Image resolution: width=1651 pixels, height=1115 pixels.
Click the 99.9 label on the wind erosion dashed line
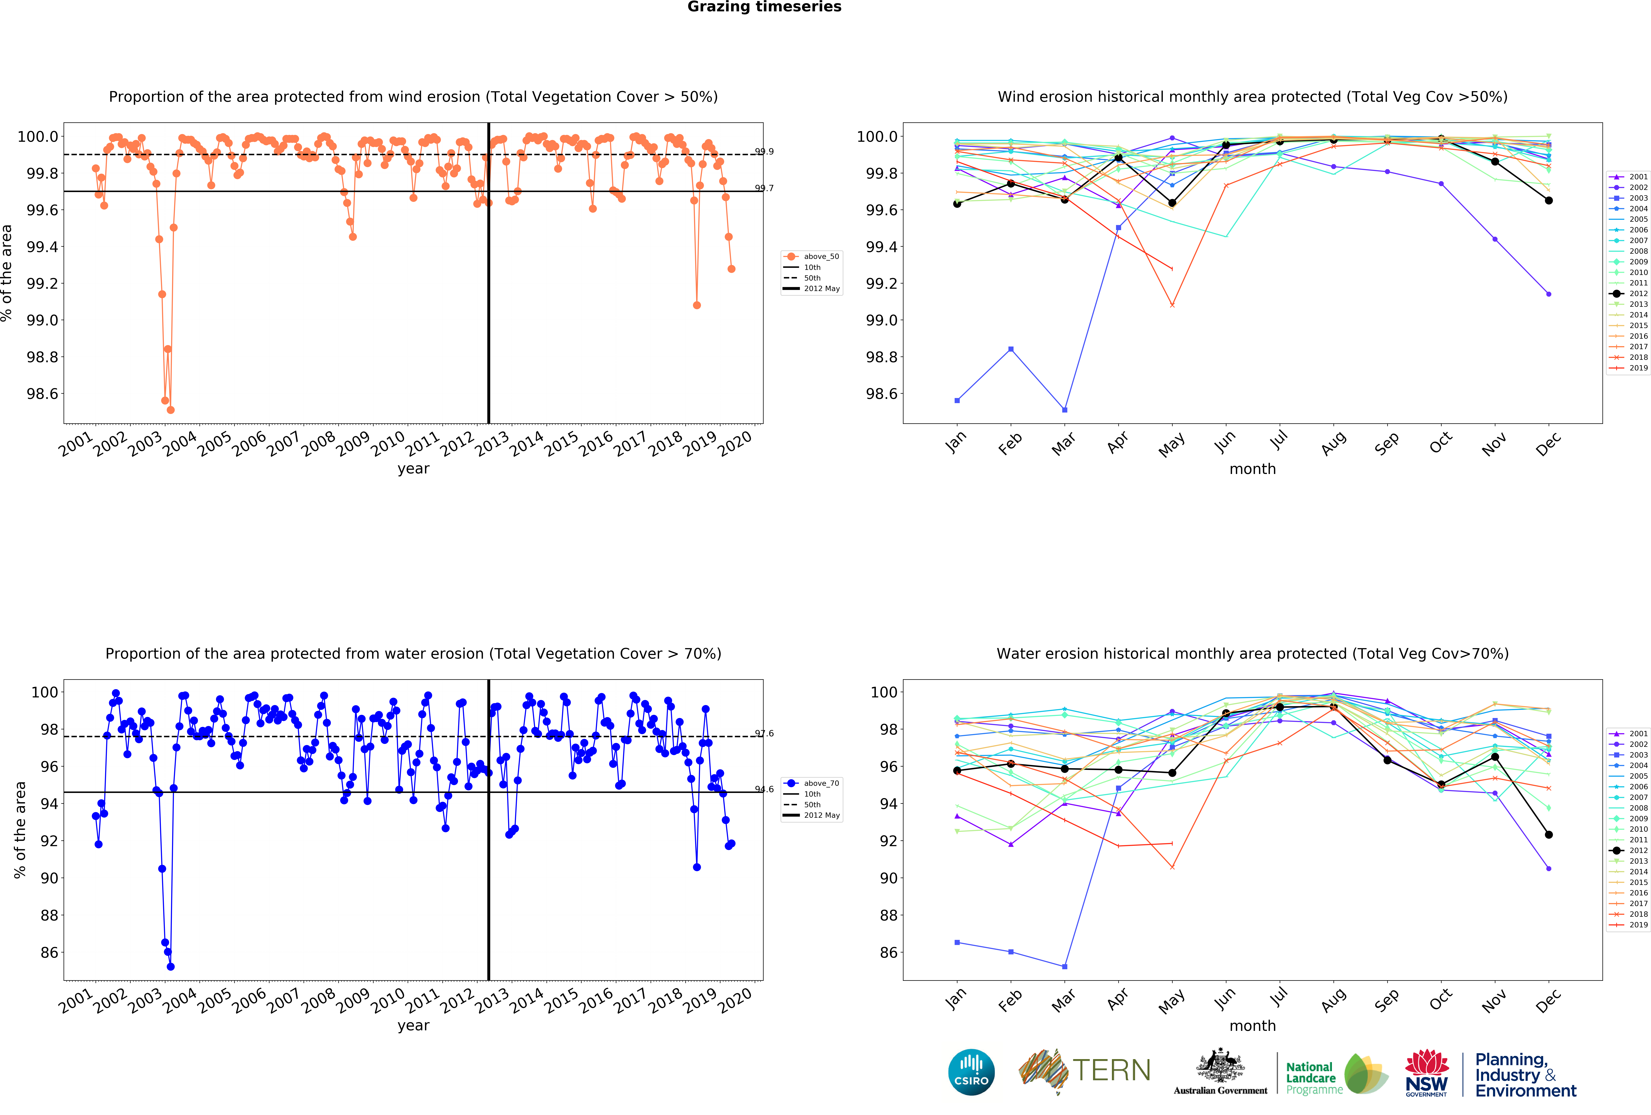coord(764,151)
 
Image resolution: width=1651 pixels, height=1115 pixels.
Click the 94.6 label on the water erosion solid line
coord(764,789)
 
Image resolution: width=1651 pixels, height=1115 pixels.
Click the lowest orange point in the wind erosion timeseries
coord(170,410)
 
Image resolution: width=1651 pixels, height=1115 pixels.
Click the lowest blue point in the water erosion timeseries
coord(170,967)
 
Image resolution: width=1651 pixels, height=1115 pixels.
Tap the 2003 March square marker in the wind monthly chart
coord(1064,410)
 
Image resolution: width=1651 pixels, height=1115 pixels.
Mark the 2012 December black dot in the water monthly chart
coord(1549,834)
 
